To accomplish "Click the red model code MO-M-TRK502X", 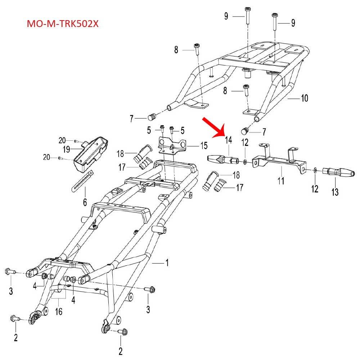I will (x=63, y=24).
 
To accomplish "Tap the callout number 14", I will (x=229, y=140).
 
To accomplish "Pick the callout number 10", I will (x=305, y=98).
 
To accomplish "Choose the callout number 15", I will (x=204, y=146).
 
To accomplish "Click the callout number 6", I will (x=85, y=202).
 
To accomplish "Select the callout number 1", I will (x=166, y=263).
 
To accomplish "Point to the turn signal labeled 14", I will (x=222, y=158).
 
